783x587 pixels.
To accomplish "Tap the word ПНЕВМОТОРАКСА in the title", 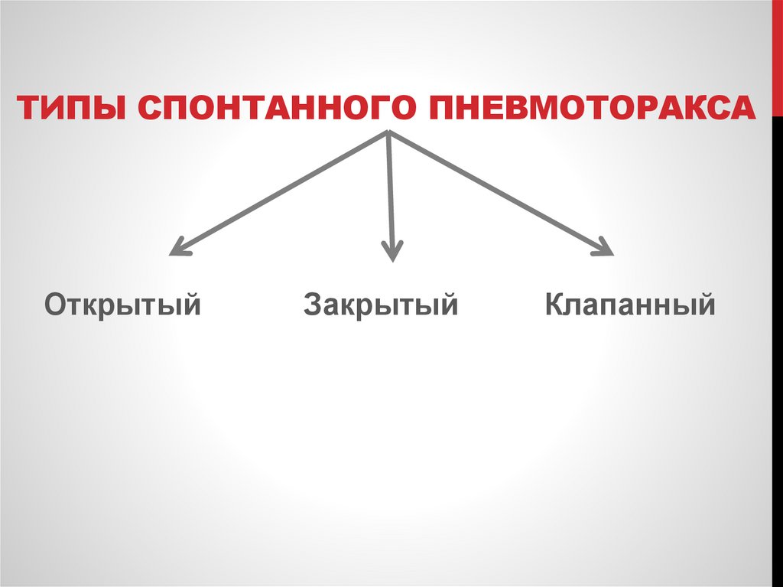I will (x=592, y=108).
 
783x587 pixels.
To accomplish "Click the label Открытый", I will (x=122, y=305).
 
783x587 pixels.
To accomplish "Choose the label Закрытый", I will (x=381, y=305).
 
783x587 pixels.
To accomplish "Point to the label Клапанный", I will (x=630, y=305).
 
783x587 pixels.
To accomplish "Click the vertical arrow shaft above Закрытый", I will (x=391, y=191).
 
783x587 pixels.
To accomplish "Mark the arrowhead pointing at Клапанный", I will (x=603, y=246).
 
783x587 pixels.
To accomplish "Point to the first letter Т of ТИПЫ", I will (x=30, y=108).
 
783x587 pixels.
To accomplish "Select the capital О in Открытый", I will (x=54, y=305).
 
